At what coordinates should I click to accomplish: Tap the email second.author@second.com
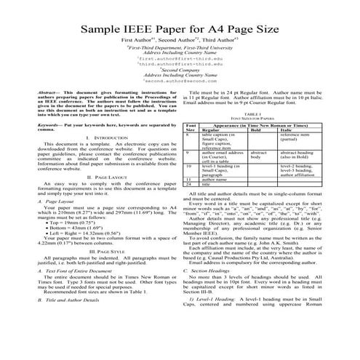click(180, 102)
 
